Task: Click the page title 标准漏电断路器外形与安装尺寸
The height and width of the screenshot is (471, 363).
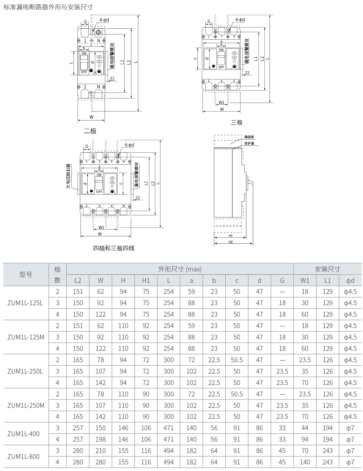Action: click(x=48, y=7)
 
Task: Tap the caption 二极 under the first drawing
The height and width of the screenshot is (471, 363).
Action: click(x=90, y=131)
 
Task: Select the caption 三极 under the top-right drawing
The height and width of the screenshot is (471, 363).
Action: click(x=237, y=122)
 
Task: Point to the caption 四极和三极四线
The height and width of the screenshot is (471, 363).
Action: click(x=114, y=248)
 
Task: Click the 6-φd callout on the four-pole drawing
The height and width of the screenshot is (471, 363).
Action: click(x=129, y=145)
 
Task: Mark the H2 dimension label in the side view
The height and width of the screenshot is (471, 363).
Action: click(x=231, y=242)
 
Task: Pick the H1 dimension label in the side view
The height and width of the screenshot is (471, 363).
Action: click(x=230, y=235)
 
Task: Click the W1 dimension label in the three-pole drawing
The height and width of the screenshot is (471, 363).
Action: click(x=222, y=103)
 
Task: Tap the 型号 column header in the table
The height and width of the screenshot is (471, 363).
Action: click(x=26, y=275)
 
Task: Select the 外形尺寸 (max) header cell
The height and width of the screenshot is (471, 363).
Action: click(x=180, y=269)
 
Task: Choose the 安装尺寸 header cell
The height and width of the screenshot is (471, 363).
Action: click(x=327, y=269)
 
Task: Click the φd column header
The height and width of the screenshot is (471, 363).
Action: click(x=350, y=280)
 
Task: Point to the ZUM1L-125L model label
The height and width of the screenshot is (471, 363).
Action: click(x=25, y=303)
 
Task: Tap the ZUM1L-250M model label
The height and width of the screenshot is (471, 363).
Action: click(x=26, y=405)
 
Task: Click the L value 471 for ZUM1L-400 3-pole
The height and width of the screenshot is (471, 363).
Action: click(x=168, y=428)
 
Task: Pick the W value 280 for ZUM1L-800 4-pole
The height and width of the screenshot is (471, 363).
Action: click(x=100, y=462)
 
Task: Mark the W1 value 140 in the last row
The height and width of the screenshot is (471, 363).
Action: click(x=305, y=462)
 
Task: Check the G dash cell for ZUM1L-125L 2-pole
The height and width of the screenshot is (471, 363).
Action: click(x=282, y=292)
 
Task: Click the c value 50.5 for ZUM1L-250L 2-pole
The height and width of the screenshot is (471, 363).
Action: click(x=237, y=360)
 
